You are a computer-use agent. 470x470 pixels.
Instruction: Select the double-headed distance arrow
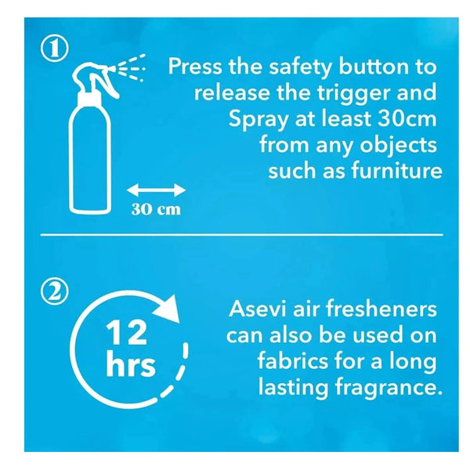coord(156,189)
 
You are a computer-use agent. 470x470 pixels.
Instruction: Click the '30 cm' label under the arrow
coord(156,210)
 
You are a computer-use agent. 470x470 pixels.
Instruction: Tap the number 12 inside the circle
coord(127,334)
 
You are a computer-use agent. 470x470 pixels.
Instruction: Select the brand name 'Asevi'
coord(255,309)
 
